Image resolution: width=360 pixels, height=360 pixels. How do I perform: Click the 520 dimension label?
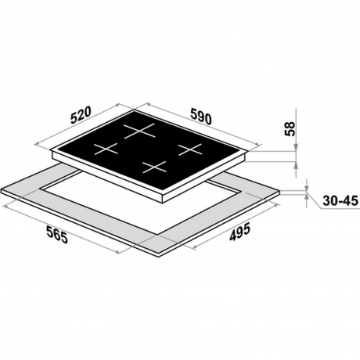pyautogui.click(x=81, y=114)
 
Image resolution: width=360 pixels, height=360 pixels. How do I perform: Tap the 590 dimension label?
pyautogui.click(x=200, y=117)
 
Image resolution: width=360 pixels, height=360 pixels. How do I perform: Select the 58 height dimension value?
pyautogui.click(x=290, y=128)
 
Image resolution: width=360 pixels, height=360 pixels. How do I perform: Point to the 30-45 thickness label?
pyautogui.click(x=340, y=201)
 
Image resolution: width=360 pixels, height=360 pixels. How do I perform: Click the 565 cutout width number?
pyautogui.click(x=57, y=234)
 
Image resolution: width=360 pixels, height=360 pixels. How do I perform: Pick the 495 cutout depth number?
pyautogui.click(x=239, y=232)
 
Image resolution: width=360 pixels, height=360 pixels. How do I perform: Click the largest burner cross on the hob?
pyautogui.click(x=139, y=131)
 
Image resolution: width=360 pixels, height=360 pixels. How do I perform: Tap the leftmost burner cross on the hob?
pyautogui.click(x=106, y=149)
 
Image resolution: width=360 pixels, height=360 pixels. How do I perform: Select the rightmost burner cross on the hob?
pyautogui.click(x=190, y=149)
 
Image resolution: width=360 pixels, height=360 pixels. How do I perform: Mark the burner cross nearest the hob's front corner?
pyautogui.click(x=154, y=167)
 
